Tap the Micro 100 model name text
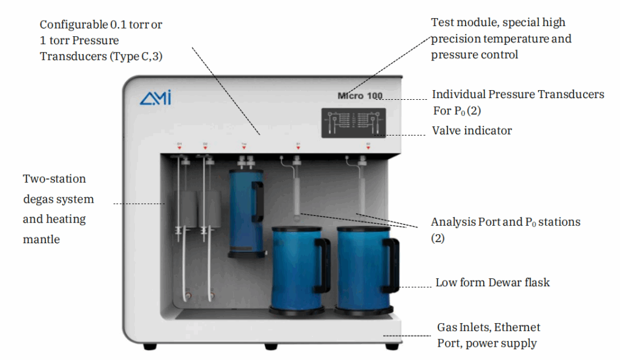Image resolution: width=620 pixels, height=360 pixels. (x=360, y=96)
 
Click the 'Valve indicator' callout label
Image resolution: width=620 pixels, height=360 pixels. (x=472, y=131)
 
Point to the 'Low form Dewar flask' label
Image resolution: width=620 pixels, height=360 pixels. (x=492, y=283)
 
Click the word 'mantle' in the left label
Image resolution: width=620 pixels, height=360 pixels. (x=41, y=239)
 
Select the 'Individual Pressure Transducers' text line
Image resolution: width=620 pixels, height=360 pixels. (x=518, y=94)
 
